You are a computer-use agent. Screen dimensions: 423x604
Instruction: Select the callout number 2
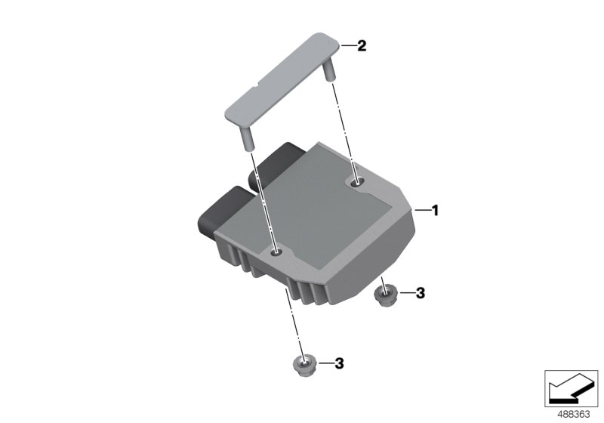pos(362,46)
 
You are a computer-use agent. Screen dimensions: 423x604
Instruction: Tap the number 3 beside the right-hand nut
pos(421,293)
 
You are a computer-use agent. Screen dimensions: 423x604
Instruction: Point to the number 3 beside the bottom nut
pos(339,364)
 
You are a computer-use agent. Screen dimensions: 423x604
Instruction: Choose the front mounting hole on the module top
pos(277,252)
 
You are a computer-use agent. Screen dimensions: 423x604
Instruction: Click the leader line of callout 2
pos(348,46)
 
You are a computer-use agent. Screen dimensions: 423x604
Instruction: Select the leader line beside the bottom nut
pos(325,364)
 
